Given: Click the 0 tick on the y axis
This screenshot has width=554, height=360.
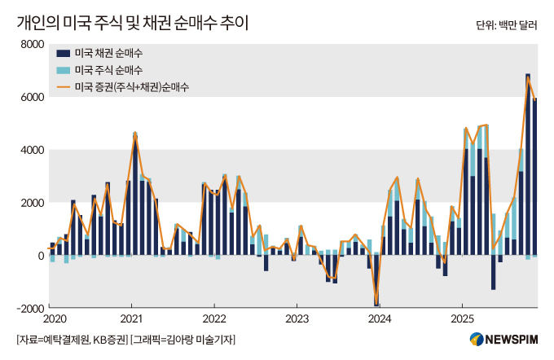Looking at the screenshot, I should coord(39,256).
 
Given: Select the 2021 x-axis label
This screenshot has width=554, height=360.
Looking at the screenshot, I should coord(133,318).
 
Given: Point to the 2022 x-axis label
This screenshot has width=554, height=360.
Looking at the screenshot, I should coord(214,318).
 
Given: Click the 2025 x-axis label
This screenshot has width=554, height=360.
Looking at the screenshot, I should coord(462,318).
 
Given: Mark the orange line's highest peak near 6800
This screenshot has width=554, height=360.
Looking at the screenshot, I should coord(528,77).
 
